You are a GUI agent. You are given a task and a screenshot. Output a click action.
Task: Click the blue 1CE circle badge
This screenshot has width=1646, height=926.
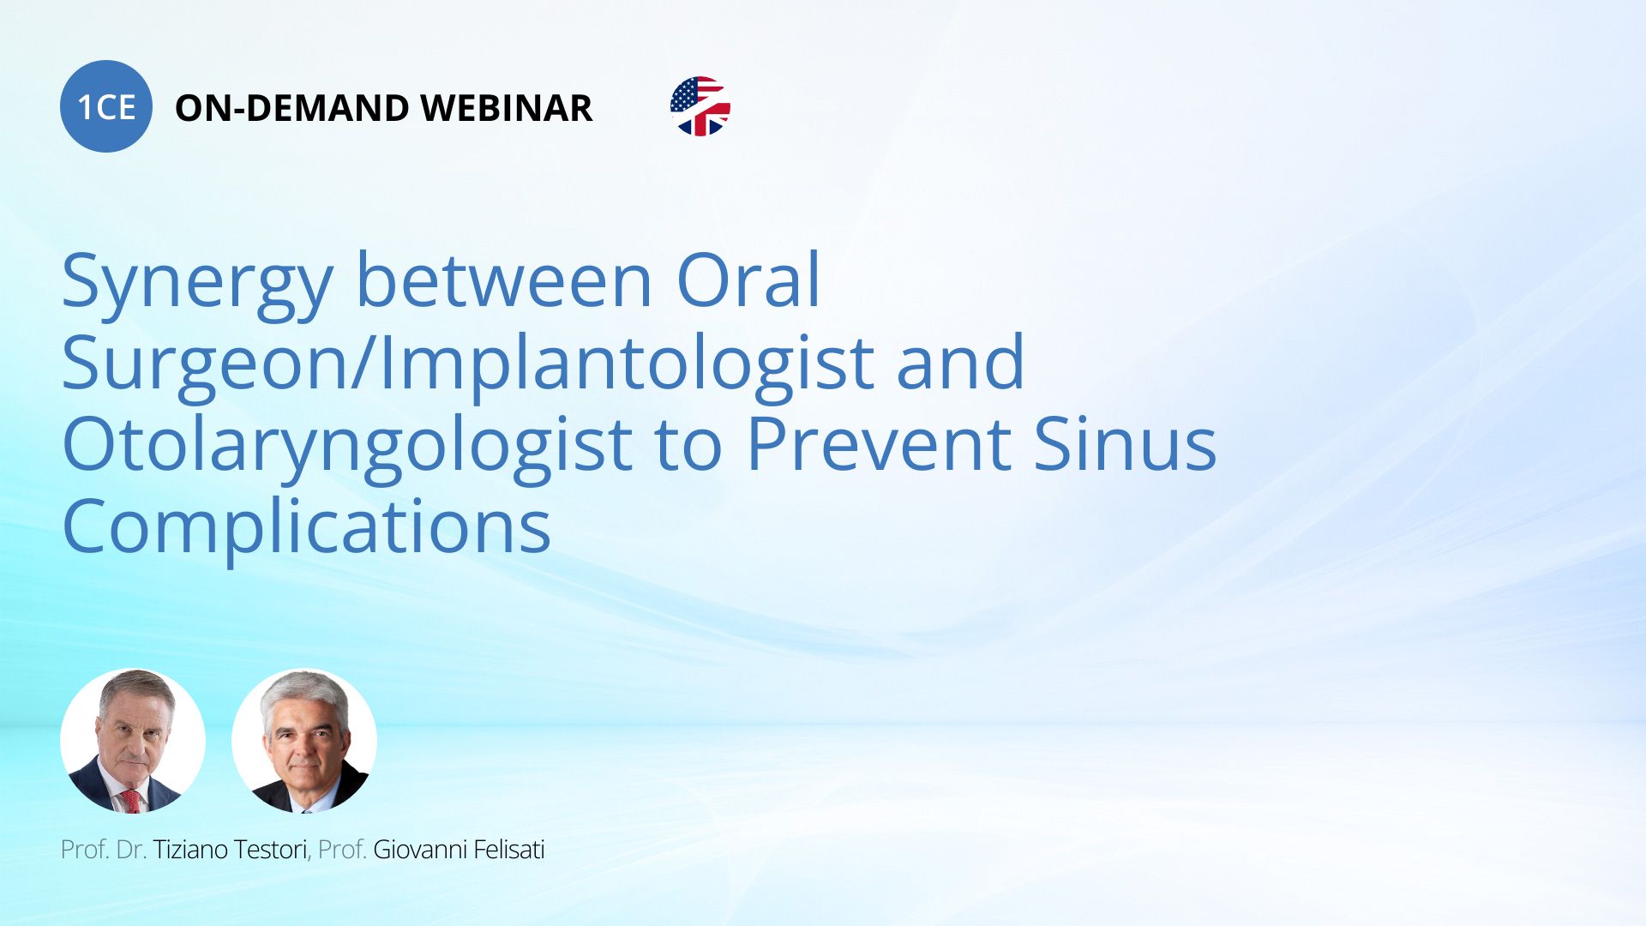click(106, 106)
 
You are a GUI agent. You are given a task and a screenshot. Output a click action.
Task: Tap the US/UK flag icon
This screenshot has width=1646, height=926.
click(700, 106)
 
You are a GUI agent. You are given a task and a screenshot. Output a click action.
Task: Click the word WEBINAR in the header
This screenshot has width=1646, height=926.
click(507, 108)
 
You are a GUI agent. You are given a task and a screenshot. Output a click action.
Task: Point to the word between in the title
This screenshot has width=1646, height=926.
click(504, 280)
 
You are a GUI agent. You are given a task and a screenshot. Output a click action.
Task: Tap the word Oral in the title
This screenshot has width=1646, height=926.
click(748, 280)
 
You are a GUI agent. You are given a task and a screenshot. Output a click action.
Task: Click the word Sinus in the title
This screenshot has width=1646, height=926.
click(1125, 443)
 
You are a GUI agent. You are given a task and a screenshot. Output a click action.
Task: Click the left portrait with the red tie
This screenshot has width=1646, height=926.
click(133, 741)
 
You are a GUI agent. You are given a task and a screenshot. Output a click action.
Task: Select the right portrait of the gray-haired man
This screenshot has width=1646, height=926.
click(304, 741)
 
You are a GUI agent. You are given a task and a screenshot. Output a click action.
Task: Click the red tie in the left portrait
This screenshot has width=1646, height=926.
click(130, 800)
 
